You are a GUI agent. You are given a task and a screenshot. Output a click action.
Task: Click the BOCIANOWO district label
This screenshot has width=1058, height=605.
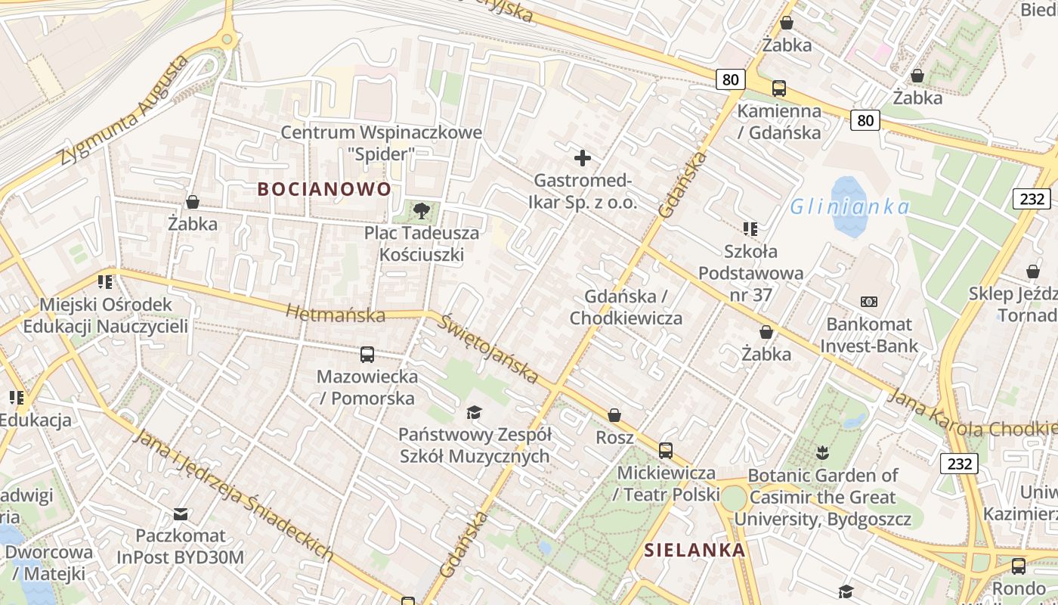[x=324, y=189]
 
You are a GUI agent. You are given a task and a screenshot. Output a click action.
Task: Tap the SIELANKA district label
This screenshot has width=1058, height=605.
[x=695, y=551]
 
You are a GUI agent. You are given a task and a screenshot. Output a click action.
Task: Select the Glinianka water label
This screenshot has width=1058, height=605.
[x=849, y=206]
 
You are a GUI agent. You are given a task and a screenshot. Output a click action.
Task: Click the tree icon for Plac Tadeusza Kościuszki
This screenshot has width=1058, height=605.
[x=422, y=211]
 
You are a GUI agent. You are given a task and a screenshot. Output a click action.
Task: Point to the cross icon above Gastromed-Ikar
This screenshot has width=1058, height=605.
[x=582, y=158]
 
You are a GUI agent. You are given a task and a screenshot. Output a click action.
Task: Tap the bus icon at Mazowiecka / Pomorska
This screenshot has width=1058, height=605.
[x=367, y=354]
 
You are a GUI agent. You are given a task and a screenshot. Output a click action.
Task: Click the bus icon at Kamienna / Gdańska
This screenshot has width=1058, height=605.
[x=779, y=88]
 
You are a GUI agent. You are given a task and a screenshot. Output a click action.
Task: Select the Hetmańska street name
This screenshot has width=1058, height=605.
[x=335, y=313]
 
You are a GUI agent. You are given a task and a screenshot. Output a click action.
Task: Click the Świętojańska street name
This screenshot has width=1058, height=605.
[x=490, y=349]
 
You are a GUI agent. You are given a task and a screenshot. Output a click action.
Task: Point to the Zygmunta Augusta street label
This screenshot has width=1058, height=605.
[x=124, y=111]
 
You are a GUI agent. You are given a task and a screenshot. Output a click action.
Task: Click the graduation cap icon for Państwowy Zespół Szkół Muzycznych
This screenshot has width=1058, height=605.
[x=474, y=412]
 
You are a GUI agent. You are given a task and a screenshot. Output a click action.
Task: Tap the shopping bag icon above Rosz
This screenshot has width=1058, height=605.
[x=614, y=415]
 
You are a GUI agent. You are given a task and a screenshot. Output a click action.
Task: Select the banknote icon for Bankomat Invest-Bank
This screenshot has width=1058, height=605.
[x=868, y=302]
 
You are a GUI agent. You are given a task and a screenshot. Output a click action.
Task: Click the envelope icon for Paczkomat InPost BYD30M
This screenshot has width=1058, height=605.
[x=181, y=514]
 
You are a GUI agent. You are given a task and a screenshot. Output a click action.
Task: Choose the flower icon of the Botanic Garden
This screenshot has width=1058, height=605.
[x=822, y=453]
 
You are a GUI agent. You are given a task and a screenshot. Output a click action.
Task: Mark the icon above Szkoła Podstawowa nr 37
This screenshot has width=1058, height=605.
[x=750, y=228]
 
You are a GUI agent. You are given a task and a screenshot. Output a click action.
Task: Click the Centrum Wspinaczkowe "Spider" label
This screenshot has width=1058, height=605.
[x=381, y=143]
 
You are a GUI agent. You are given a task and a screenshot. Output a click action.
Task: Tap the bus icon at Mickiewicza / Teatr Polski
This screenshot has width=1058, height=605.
[x=666, y=450]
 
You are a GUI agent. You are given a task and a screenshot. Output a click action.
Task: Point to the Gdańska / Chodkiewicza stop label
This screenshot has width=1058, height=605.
[x=626, y=307]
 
